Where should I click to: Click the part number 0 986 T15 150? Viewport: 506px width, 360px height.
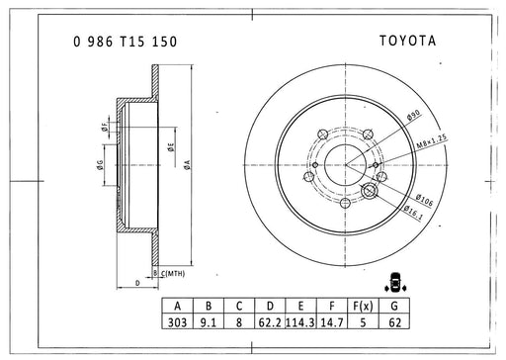pos(126,42)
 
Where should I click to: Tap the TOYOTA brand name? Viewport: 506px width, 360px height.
pos(408,41)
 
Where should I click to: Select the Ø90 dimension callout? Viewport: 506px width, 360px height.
pos(413,115)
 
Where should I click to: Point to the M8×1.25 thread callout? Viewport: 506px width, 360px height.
pos(432,141)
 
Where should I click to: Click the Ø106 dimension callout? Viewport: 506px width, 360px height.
pos(424,200)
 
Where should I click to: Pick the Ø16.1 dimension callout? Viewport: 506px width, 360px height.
pos(413,213)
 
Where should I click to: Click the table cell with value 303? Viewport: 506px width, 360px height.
pos(177,322)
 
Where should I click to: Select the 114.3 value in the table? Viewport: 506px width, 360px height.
pos(300,322)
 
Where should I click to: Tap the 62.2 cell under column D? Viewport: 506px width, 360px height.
pos(270,322)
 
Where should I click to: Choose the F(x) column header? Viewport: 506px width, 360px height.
pos(363,306)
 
